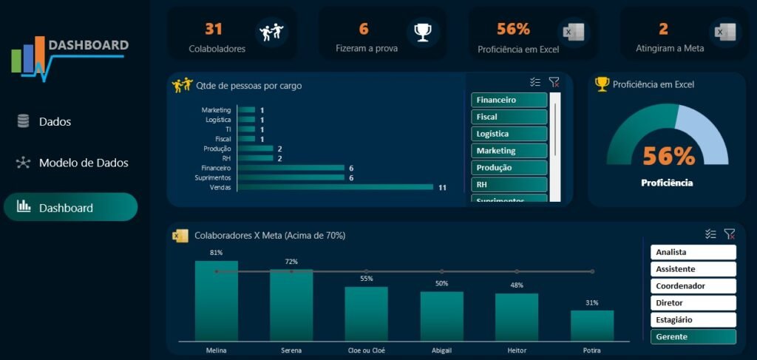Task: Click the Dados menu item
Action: point(55,122)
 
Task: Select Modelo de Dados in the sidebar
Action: point(83,163)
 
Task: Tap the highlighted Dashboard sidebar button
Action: point(70,208)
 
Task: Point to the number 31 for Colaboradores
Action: point(214,29)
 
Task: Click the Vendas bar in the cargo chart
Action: point(334,187)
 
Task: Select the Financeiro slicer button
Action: point(509,100)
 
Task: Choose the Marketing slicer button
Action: point(509,151)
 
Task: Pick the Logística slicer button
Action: point(509,134)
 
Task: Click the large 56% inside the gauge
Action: point(668,156)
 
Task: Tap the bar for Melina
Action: point(217,300)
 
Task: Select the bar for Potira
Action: point(591,325)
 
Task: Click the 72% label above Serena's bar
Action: point(291,262)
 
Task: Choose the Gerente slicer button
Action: point(693,337)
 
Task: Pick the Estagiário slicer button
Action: point(693,320)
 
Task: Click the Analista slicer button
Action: point(693,252)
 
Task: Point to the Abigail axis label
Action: point(441,350)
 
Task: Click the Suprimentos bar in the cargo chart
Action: point(291,177)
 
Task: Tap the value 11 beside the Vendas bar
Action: point(442,188)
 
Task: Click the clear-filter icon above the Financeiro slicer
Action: point(554,83)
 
